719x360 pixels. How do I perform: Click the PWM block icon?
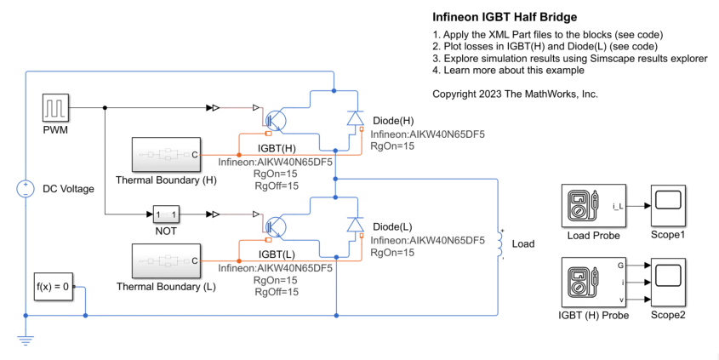tap(54, 109)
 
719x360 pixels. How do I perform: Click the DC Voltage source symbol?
tap(26, 189)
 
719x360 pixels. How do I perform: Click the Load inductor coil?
tap(499, 244)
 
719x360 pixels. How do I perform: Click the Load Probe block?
tap(590, 206)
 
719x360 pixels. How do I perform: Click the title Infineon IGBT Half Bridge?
tap(505, 17)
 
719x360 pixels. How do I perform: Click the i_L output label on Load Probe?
tap(617, 206)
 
